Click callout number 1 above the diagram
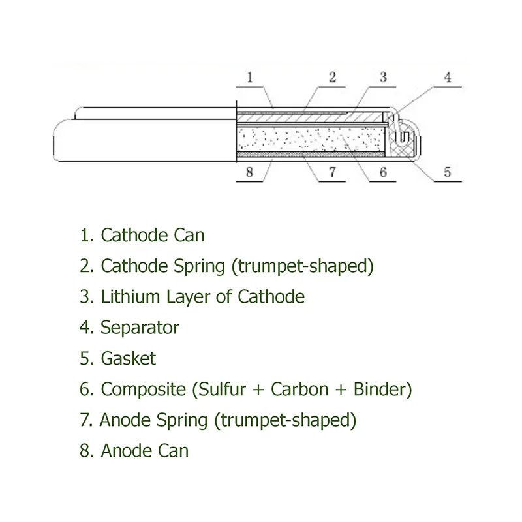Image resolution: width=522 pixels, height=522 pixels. click(250, 77)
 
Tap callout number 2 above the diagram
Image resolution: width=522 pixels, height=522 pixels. click(332, 77)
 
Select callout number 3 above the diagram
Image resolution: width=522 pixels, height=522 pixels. click(383, 77)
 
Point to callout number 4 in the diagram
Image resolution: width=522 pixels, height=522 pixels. click(447, 77)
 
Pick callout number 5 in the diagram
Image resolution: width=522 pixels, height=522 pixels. click(447, 172)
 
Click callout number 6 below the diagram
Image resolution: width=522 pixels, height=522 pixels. click(383, 172)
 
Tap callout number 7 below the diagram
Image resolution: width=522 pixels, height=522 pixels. click(332, 172)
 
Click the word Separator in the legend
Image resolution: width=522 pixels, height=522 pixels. click(140, 327)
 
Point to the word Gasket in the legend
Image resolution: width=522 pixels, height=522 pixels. click(129, 358)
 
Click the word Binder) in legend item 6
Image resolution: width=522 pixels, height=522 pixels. click(383, 389)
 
